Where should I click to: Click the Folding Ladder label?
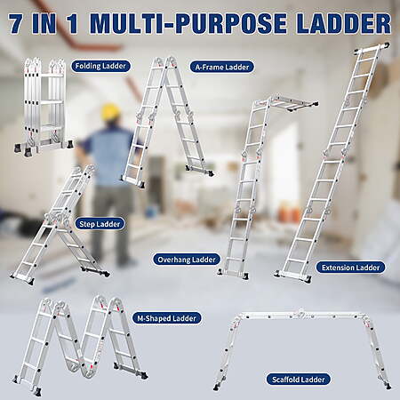pos(100,66)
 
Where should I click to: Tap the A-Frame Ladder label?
pos(222,68)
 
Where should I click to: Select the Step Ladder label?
pos(100,224)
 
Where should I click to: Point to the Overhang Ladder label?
pos(187,260)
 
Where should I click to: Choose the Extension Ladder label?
pos(350,268)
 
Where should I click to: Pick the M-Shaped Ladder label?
pos(166,318)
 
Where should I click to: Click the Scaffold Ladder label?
pos(298,380)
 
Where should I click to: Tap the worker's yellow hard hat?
pos(110,112)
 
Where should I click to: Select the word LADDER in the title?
pos(343,23)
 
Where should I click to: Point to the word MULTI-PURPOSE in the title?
pos(188,23)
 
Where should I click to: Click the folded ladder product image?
pos(44,107)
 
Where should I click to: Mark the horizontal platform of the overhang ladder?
pos(292,103)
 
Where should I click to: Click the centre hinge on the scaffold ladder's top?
pos(301,313)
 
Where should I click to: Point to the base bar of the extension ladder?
pos(292,276)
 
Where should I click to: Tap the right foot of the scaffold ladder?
pos(388,386)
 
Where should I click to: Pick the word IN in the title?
pos(44,23)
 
